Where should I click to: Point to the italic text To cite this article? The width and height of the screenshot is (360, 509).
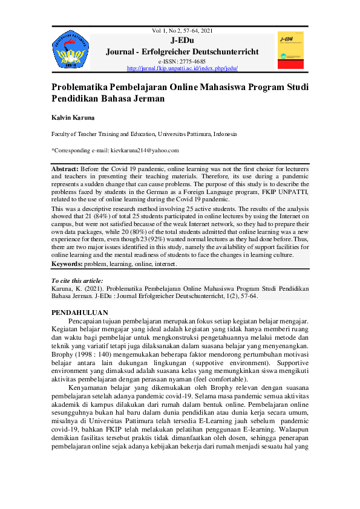(77, 280)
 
